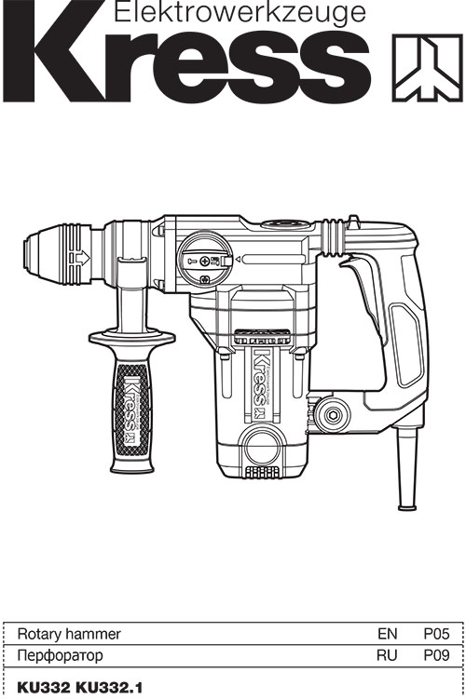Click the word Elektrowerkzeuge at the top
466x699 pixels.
click(x=240, y=12)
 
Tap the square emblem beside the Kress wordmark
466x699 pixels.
click(x=427, y=68)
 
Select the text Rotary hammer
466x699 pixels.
click(x=69, y=634)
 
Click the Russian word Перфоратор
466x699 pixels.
click(x=60, y=656)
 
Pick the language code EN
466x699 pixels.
click(x=387, y=634)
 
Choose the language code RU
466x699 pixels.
click(x=387, y=656)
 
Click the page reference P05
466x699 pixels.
click(x=436, y=634)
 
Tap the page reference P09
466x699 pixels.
click(x=436, y=656)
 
